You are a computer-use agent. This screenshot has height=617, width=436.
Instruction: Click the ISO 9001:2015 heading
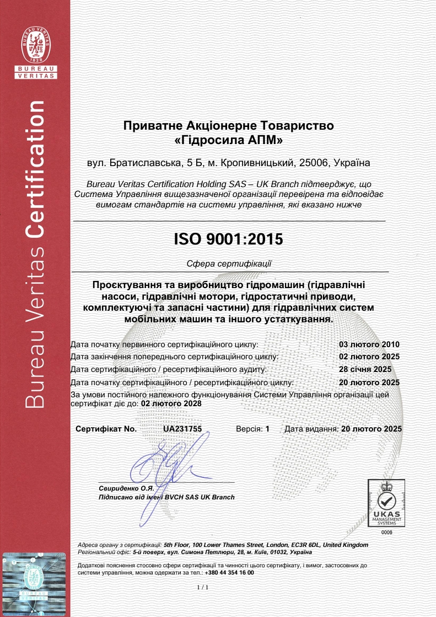click(228, 239)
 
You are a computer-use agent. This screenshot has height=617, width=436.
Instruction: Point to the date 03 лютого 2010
click(369, 344)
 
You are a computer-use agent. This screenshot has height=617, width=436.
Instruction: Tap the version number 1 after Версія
click(267, 428)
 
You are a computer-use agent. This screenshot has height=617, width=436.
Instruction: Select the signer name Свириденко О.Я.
click(126, 488)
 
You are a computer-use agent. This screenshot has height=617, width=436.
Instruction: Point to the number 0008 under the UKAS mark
click(386, 533)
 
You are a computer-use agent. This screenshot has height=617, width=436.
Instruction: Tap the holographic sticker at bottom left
click(35, 584)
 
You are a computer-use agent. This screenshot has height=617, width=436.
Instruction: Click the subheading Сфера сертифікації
click(229, 264)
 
